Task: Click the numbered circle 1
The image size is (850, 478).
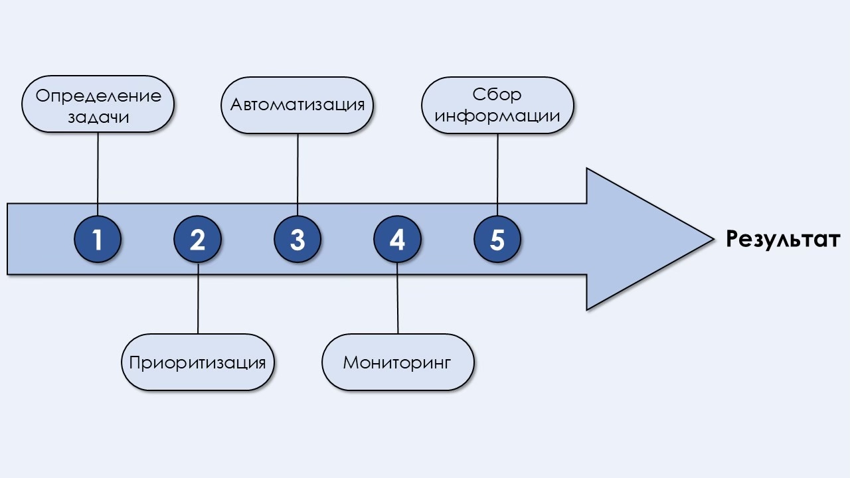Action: pos(98,239)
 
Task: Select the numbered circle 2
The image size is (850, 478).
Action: pos(198,239)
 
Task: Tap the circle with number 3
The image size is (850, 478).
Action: pos(297,239)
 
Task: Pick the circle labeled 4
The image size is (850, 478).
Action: pos(397,239)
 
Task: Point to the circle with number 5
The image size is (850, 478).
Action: pos(497,239)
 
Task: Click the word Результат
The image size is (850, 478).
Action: pos(782,239)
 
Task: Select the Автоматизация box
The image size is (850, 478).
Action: pos(297,105)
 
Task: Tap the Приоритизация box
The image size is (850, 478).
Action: pos(198,362)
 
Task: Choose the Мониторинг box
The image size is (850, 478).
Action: pos(397,362)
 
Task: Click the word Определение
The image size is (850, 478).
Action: pos(98,96)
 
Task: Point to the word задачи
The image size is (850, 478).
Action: pos(98,118)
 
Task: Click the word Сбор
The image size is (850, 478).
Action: pos(497,94)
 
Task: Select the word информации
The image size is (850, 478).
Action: pos(497,116)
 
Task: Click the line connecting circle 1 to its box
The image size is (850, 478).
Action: pos(98,173)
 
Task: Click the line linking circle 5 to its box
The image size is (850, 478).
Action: pos(497,174)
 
